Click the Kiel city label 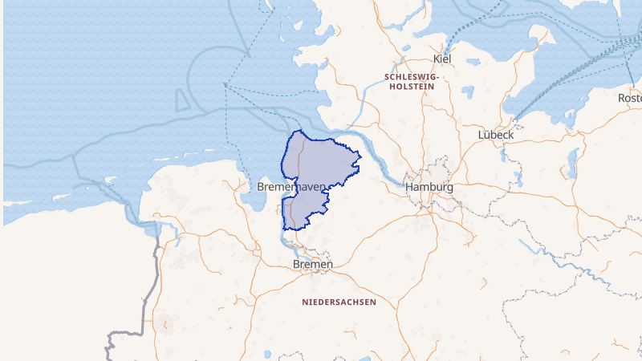coord(442,59)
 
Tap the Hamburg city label coord(429,187)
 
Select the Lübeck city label coord(495,134)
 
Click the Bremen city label coord(313,264)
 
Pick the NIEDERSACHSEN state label coord(339,302)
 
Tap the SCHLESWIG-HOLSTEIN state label coord(411,81)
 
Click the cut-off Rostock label coord(629,97)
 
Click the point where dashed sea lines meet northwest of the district coord(226,83)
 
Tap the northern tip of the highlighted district coord(299,131)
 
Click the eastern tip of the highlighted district coord(360,156)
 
